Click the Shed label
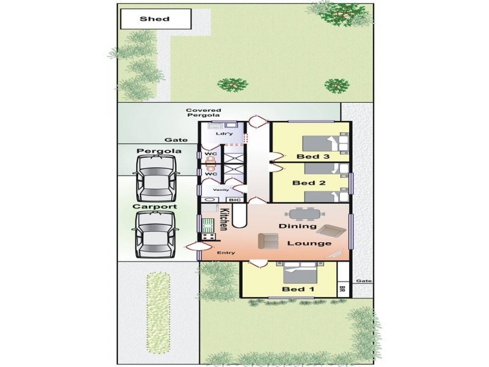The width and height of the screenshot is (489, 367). pyautogui.click(x=155, y=19)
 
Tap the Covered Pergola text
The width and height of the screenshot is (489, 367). pyautogui.click(x=204, y=113)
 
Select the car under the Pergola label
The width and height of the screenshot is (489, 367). pyautogui.click(x=156, y=177)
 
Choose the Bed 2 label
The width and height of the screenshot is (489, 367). pyautogui.click(x=304, y=183)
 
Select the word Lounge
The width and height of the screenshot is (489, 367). pyautogui.click(x=309, y=243)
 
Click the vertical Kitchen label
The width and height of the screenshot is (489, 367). pyautogui.click(x=224, y=220)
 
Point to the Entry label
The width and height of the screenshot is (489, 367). pyautogui.click(x=226, y=252)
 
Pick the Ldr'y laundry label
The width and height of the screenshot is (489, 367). pyautogui.click(x=224, y=133)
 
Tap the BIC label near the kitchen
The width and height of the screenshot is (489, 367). pyautogui.click(x=235, y=200)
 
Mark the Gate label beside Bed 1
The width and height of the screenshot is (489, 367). pyautogui.click(x=364, y=281)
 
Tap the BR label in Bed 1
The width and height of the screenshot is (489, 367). pyautogui.click(x=342, y=289)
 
